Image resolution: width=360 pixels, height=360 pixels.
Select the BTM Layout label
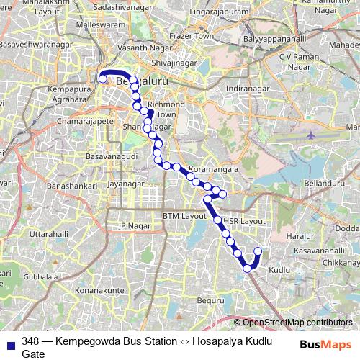184,216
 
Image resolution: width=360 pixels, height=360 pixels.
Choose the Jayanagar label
123,184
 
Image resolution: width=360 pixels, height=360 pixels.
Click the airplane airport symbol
310,135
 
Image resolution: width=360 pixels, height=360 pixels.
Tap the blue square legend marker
10,342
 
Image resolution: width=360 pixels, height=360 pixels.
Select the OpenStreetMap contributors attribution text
297,322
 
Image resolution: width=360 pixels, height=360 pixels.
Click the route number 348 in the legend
30,341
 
